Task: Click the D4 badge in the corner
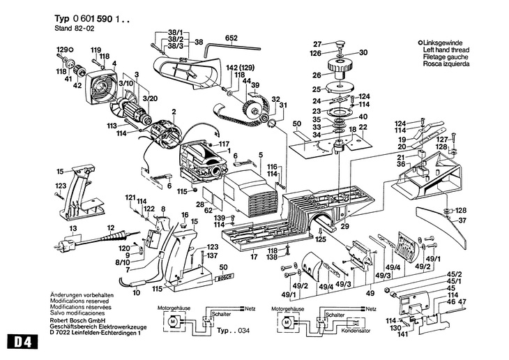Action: click(20, 343)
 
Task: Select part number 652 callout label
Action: click(231, 38)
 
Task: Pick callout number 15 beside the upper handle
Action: click(60, 171)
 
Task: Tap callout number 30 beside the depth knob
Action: click(363, 52)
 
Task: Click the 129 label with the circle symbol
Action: click(63, 49)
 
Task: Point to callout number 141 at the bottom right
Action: click(402, 334)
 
